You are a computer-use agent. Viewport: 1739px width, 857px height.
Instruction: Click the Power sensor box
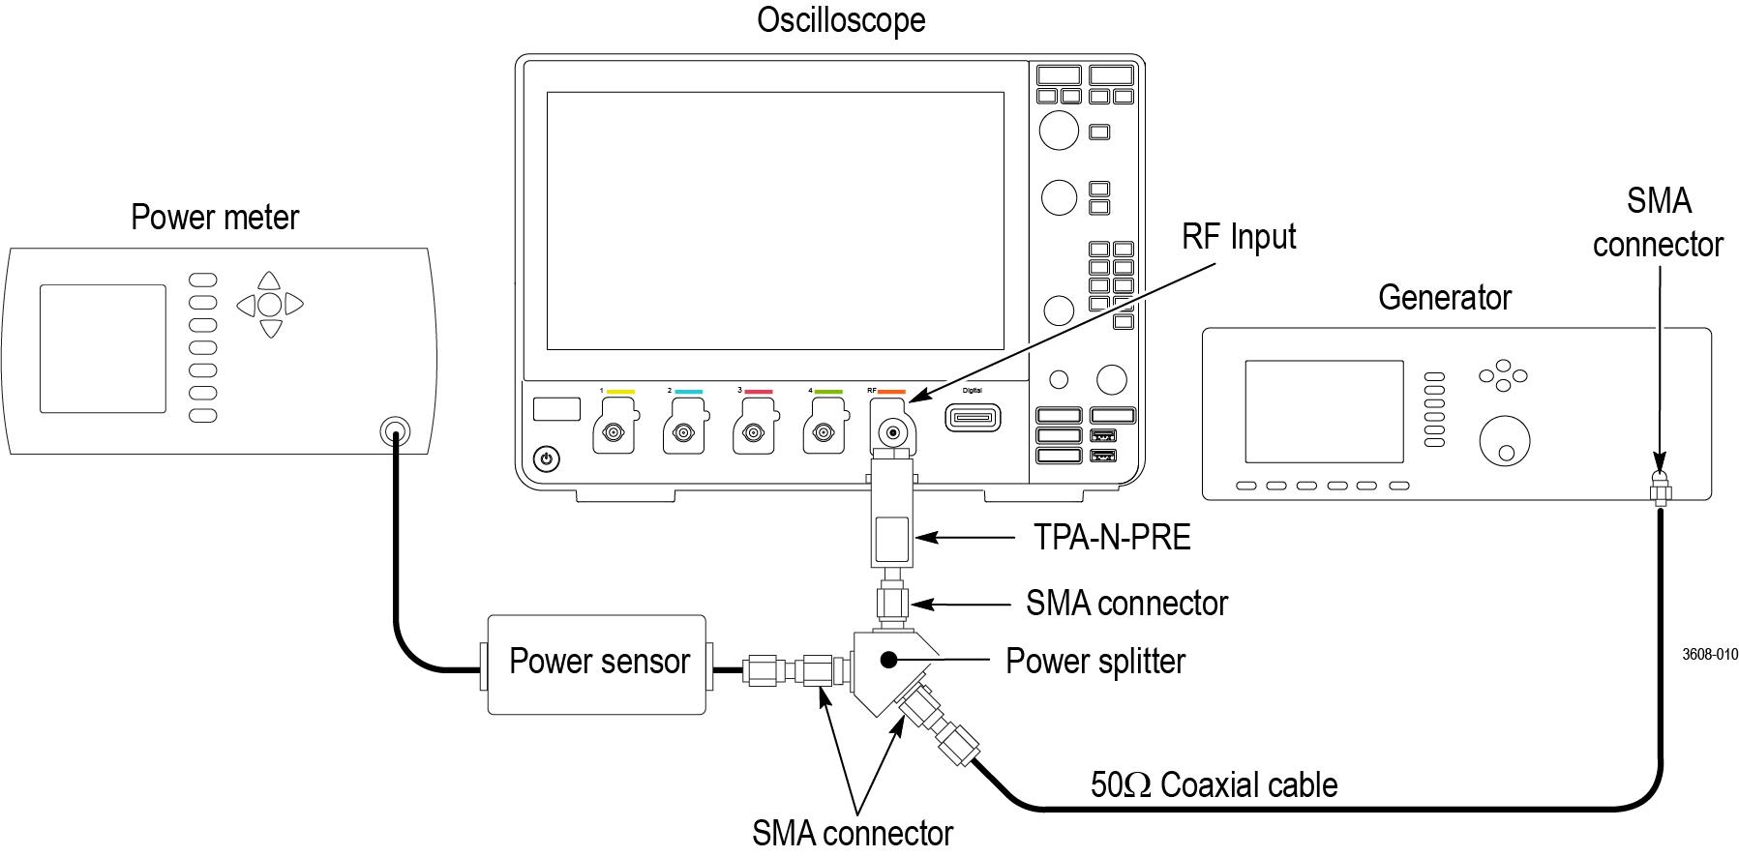597,664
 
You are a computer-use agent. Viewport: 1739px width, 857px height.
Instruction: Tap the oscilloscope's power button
547,458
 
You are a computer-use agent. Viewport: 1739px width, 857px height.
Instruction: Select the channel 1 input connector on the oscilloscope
613,433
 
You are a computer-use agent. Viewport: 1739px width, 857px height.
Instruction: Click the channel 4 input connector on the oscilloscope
824,433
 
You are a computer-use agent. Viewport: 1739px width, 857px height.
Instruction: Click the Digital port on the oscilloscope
973,418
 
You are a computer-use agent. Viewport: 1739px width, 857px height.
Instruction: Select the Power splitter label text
1095,662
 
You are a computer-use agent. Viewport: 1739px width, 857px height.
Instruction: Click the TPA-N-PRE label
1112,537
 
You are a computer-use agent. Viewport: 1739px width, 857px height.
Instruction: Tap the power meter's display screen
103,348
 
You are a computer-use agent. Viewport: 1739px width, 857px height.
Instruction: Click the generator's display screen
1323,411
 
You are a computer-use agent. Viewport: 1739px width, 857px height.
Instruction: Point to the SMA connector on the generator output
1660,488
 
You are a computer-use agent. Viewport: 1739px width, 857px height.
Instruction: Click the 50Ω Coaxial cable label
1214,784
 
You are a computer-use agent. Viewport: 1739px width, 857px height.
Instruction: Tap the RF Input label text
1239,237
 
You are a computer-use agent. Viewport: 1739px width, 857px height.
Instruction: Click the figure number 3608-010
1709,655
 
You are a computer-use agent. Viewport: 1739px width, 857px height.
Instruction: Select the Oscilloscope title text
840,20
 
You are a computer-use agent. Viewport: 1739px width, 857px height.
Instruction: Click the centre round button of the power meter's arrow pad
270,305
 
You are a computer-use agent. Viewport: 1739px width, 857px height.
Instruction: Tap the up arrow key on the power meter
270,281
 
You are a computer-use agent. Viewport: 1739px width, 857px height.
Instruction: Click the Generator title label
1444,298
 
